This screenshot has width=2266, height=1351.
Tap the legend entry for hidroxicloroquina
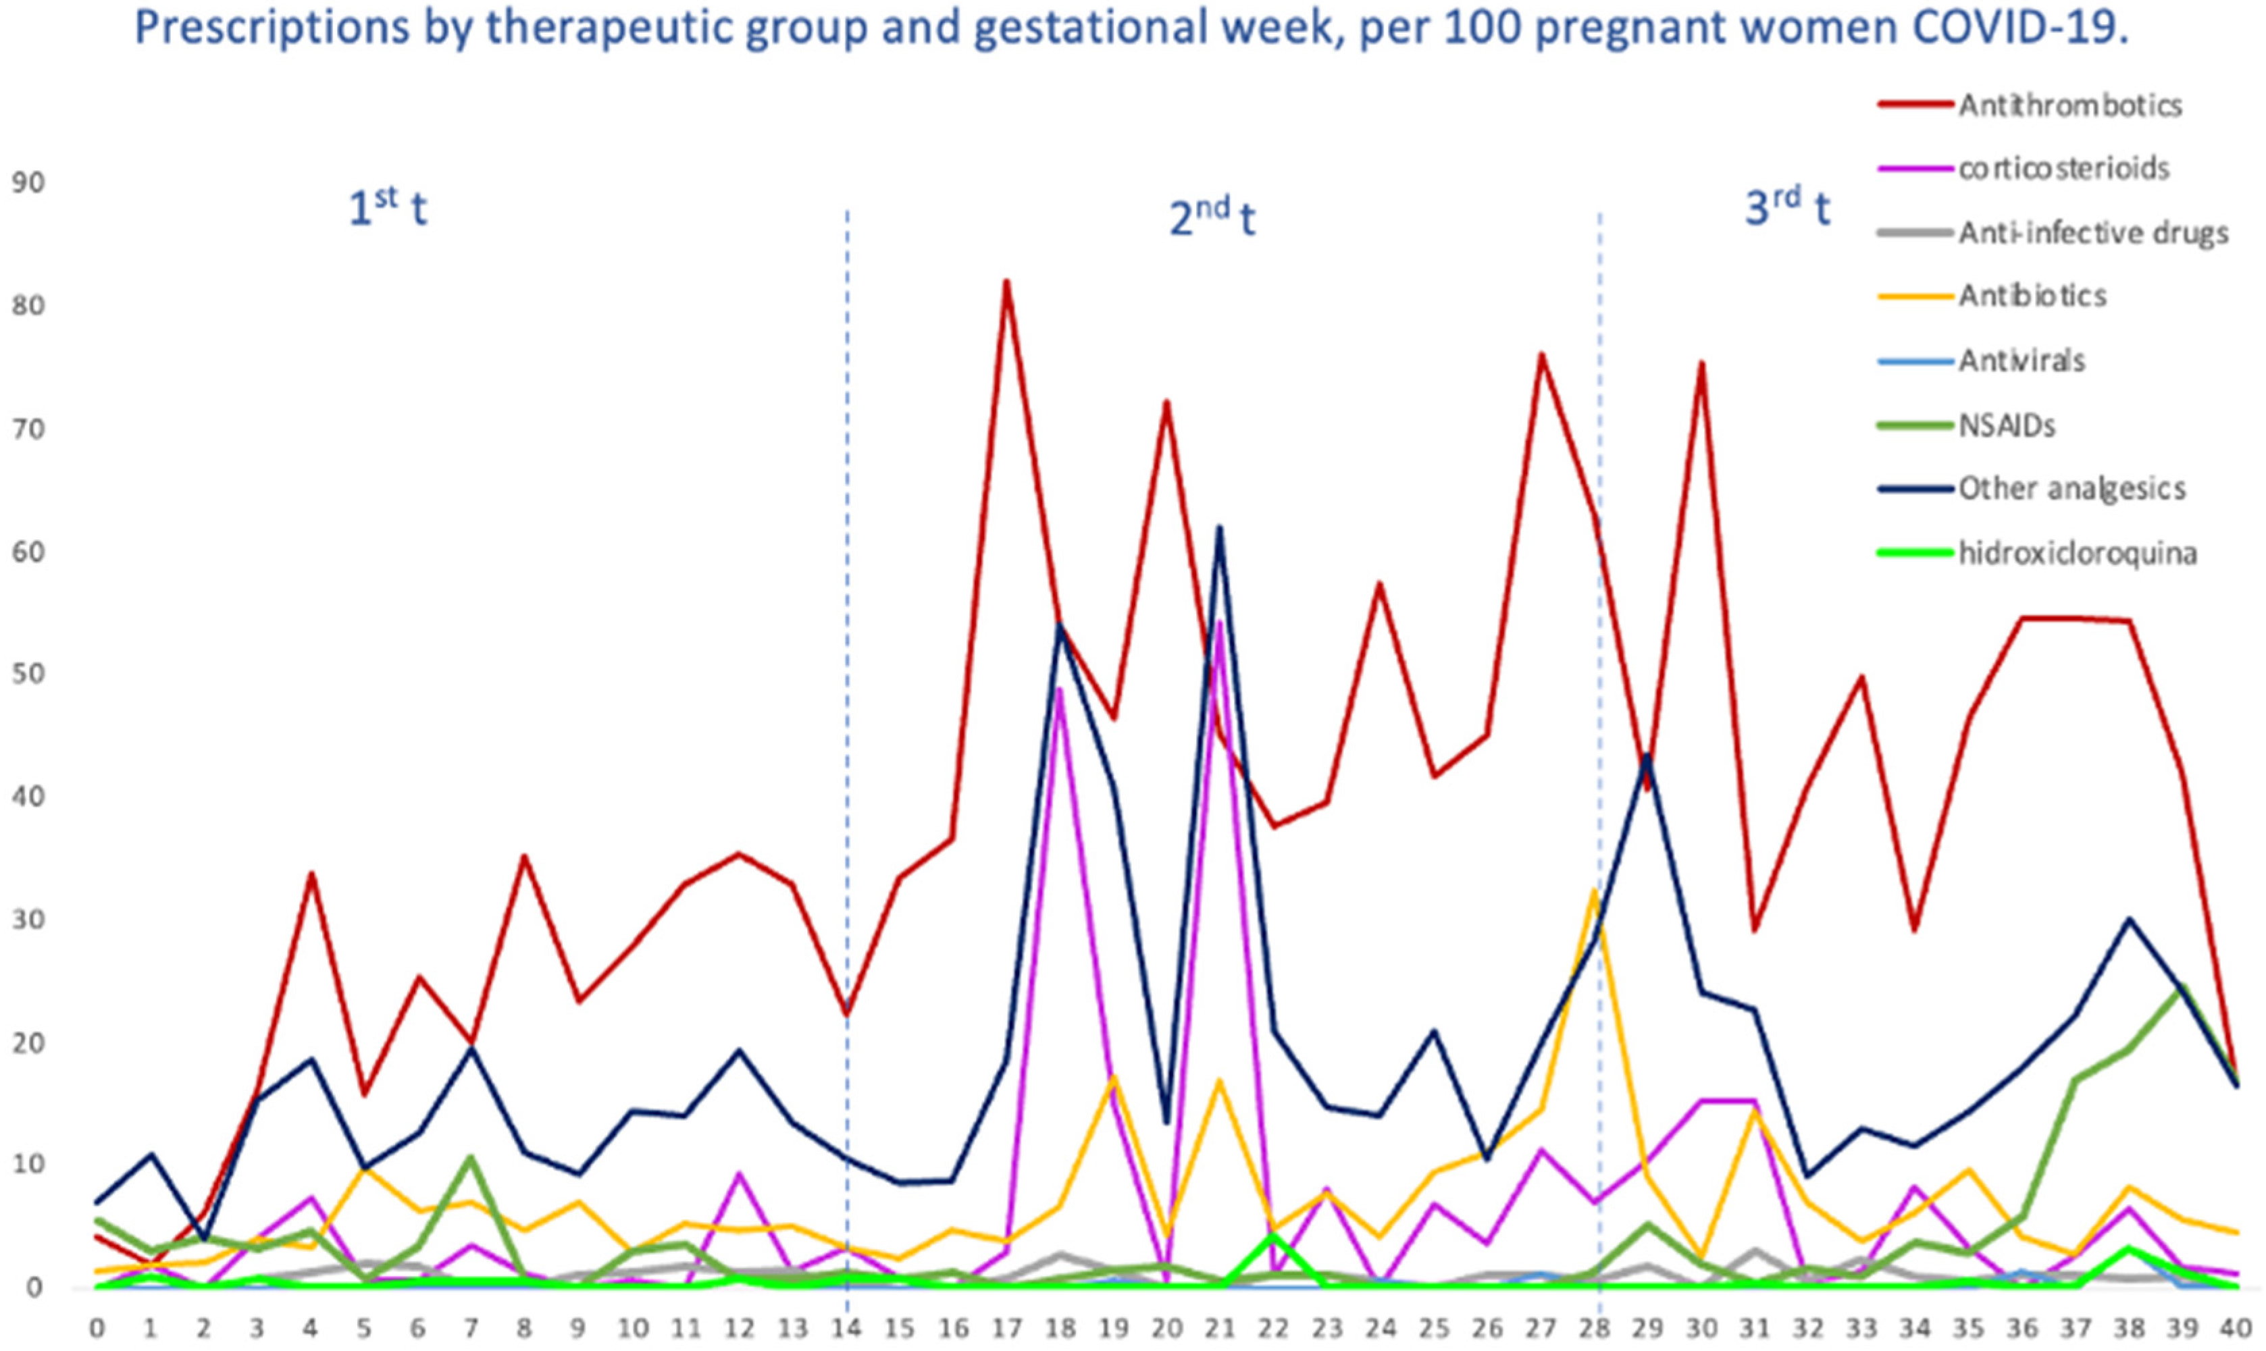tap(2078, 552)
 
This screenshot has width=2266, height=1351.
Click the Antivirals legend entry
tap(2021, 361)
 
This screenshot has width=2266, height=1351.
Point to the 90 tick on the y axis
tap(27, 183)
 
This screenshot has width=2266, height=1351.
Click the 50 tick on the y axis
tap(27, 674)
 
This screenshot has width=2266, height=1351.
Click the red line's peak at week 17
tap(1006, 282)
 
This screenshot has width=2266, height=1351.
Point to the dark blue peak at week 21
tap(1219, 527)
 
